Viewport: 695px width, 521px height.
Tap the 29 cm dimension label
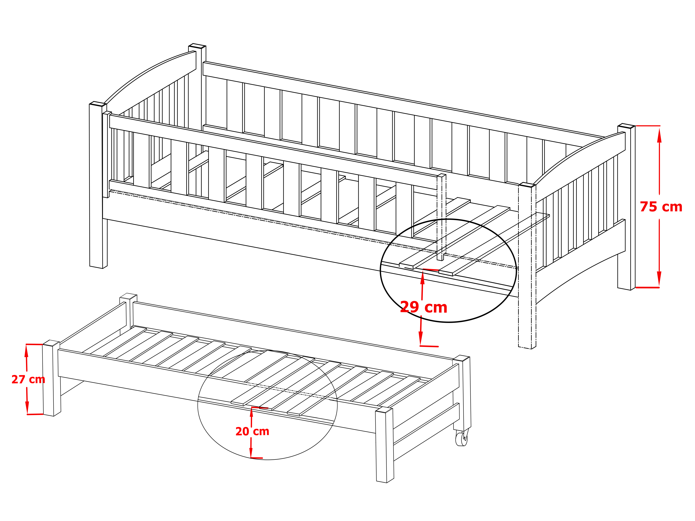(x=423, y=307)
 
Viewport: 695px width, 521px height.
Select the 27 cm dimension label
(x=28, y=379)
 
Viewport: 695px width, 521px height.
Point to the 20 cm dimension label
(x=252, y=432)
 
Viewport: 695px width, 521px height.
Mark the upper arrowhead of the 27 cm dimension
(x=26, y=352)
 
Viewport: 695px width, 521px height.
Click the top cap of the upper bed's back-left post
(x=197, y=46)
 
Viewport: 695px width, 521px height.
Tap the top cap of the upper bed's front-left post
(x=98, y=104)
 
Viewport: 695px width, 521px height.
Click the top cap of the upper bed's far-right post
(x=626, y=126)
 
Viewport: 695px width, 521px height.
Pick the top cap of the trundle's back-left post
(x=128, y=296)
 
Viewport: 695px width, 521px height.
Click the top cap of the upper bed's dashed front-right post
(x=527, y=185)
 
